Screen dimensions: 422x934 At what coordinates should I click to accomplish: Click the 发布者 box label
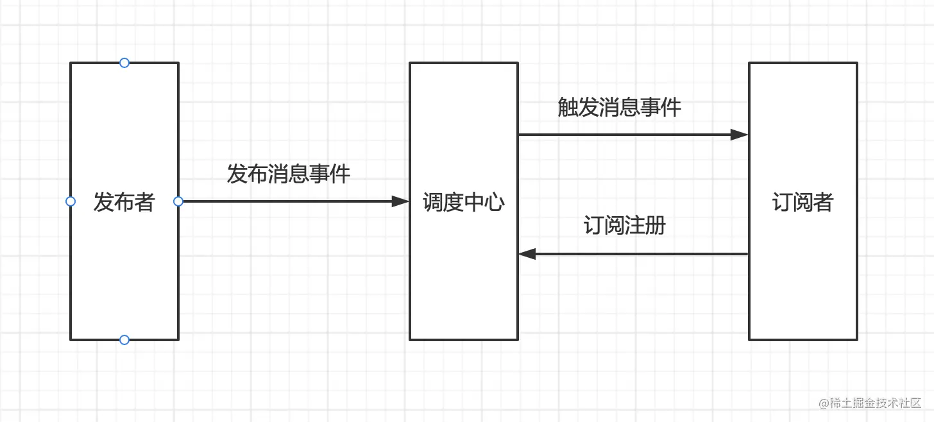[x=124, y=202]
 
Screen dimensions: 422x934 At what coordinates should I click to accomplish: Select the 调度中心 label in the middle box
[x=463, y=203]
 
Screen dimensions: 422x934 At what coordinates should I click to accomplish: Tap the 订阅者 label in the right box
[x=802, y=203]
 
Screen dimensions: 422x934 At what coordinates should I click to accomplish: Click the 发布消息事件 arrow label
[x=289, y=174]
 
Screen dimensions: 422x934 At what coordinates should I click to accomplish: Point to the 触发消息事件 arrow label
[x=619, y=107]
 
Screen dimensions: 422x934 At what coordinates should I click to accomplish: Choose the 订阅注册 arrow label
[x=624, y=226]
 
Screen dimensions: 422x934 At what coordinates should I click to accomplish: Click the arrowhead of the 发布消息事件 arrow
[x=401, y=201]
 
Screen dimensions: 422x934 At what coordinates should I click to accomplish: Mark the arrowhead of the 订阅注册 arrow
[x=527, y=254]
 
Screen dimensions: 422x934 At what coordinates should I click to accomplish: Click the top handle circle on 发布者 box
[x=124, y=63]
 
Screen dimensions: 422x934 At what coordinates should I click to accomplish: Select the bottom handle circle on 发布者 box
[x=124, y=339]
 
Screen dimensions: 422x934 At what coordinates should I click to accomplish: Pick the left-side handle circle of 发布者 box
[x=71, y=201]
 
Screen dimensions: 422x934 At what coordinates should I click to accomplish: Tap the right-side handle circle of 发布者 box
[x=178, y=201]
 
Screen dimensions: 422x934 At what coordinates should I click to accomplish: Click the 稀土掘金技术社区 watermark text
[x=875, y=403]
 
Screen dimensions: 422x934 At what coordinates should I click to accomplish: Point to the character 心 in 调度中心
[x=495, y=203]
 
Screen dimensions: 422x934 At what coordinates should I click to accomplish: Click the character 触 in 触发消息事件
[x=568, y=107]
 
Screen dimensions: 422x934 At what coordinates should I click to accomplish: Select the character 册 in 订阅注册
[x=656, y=226]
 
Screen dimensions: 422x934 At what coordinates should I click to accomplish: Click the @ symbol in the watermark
[x=824, y=403]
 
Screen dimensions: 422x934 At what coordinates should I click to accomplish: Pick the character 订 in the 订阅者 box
[x=782, y=203]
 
